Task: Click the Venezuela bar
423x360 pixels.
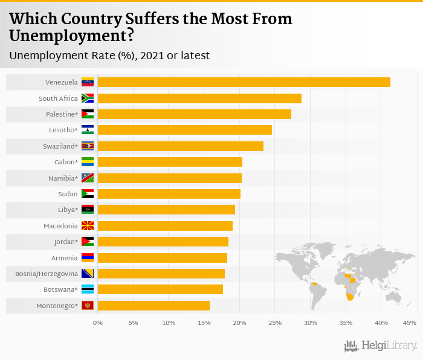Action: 244,82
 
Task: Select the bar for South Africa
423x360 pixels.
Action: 199,98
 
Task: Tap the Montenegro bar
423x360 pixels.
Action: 153,306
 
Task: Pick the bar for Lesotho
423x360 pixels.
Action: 184,130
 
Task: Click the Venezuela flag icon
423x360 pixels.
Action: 88,82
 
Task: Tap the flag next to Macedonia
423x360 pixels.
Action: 88,226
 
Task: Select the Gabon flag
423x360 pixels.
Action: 88,162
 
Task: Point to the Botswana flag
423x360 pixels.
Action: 88,289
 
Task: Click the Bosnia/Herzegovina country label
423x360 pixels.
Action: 47,274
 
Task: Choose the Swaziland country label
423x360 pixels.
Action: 60,146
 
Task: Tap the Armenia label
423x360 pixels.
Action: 65,258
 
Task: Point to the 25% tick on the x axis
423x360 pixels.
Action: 275,323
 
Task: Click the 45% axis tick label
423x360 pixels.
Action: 410,323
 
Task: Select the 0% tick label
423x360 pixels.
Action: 98,323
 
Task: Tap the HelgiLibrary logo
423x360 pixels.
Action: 381,346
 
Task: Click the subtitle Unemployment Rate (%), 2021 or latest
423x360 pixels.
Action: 109,56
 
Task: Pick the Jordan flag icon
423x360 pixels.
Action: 88,242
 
